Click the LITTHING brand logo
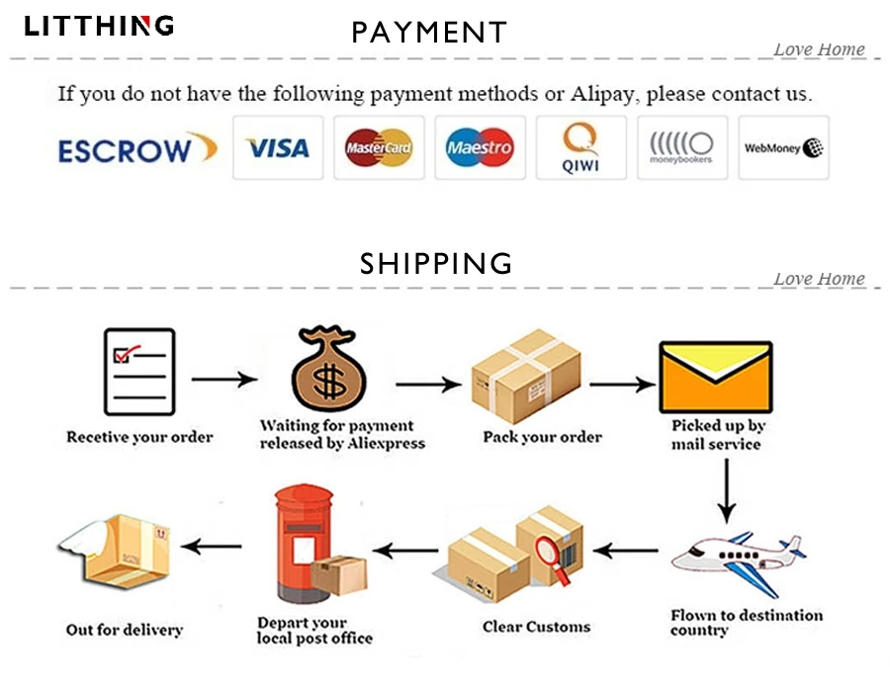coord(99,26)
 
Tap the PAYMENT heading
coord(428,33)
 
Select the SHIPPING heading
coord(436,263)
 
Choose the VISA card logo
coord(278,148)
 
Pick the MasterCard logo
coord(379,148)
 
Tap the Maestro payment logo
coord(480,148)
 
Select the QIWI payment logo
coord(580,148)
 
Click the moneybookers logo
coord(681,148)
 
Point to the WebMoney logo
coord(784,148)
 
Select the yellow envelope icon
coord(715,377)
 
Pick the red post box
coord(299,545)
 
